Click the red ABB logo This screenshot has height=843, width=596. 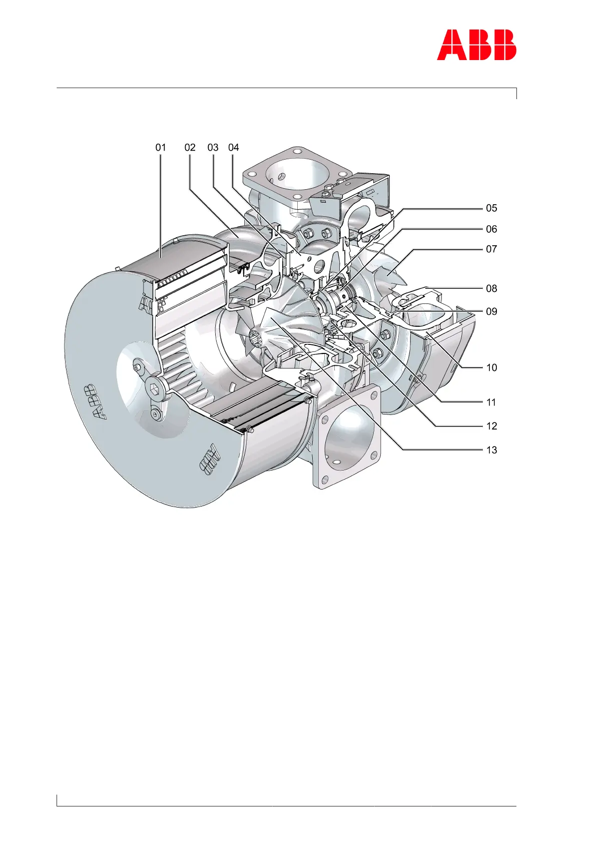[x=476, y=45]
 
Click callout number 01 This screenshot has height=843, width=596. [x=161, y=148]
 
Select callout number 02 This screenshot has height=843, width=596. [x=190, y=148]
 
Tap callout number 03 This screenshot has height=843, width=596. [x=213, y=148]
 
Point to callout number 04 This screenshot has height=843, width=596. [x=234, y=148]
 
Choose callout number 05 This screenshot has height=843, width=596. [x=491, y=208]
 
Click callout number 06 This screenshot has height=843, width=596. [x=491, y=229]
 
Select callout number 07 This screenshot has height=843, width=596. [x=491, y=249]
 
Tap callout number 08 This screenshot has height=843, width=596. [x=491, y=289]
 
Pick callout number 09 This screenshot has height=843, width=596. [x=491, y=311]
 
